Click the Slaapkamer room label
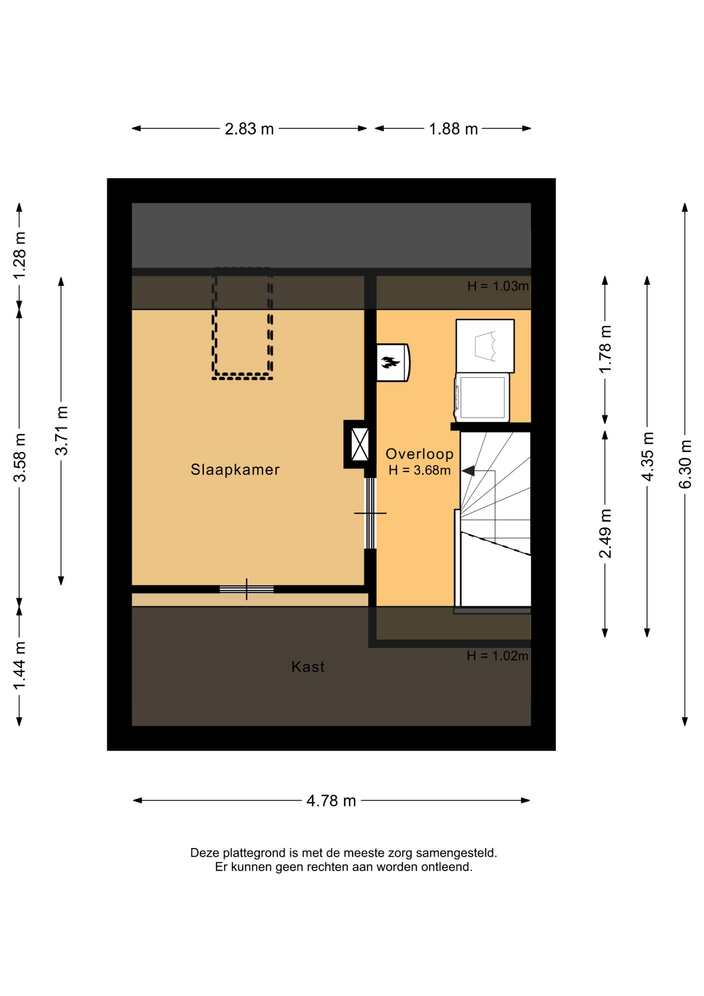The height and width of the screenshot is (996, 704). point(235,469)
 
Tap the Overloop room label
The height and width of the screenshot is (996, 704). point(419,454)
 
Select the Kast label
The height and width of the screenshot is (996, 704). point(308,667)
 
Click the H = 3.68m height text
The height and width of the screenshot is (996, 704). point(419,471)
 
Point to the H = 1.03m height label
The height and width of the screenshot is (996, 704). point(498,286)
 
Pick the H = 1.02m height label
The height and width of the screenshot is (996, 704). point(497,656)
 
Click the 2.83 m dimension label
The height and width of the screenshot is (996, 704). point(249,129)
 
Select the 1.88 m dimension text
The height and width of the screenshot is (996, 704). point(453,129)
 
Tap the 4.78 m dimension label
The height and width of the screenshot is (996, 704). point(331,801)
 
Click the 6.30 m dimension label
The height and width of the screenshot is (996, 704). point(685,464)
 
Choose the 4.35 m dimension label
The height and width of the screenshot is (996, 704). point(647,456)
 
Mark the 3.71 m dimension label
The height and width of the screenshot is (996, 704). point(61,431)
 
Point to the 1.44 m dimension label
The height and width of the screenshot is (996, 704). point(19,666)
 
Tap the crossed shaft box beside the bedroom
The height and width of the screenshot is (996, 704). point(359,444)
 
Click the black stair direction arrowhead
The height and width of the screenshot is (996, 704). point(468,471)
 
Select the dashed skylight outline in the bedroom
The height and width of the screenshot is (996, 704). point(242,378)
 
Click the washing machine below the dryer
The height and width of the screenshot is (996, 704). point(482,397)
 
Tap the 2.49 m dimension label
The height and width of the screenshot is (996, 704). point(605,533)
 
